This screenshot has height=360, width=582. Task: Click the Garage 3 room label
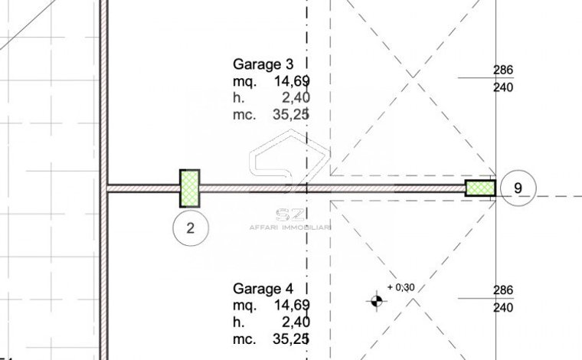coord(263,64)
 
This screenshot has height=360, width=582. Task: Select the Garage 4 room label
coord(263,289)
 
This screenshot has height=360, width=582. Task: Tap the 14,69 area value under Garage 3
coord(292,81)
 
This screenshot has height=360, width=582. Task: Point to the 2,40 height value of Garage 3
coord(296,98)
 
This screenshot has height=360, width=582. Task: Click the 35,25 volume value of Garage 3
coord(291,115)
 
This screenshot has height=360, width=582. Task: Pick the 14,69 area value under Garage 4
coord(292,306)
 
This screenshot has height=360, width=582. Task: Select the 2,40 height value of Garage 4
coord(296,322)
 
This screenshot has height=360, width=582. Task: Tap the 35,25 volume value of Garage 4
coord(291,339)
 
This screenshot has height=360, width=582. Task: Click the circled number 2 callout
coord(191,228)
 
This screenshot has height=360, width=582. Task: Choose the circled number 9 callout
coord(518,188)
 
